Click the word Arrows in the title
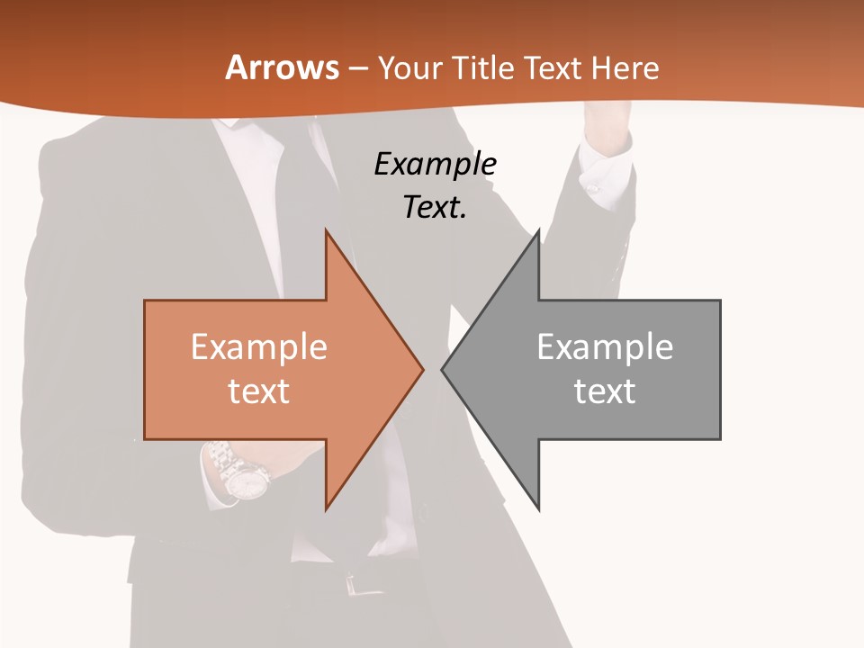tap(283, 67)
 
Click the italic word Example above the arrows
tap(435, 165)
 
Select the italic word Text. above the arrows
tap(435, 208)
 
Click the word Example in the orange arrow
tap(258, 347)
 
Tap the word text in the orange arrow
tap(258, 391)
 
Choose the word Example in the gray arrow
tap(605, 347)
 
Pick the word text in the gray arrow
tap(605, 391)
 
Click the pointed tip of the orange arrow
tap(421, 369)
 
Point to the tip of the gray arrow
tap(444, 369)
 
